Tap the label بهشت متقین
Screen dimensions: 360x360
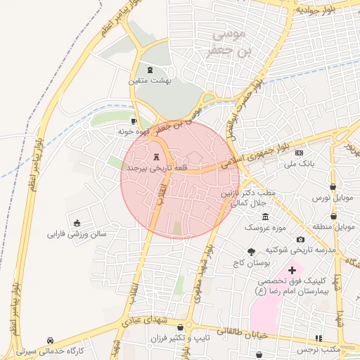[x=150, y=81]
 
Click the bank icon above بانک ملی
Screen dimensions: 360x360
[x=300, y=153]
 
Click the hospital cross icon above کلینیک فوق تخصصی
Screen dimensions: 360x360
[x=292, y=270]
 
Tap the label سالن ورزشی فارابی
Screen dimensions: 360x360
[x=77, y=233]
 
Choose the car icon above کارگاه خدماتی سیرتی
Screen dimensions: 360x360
[x=51, y=340]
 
